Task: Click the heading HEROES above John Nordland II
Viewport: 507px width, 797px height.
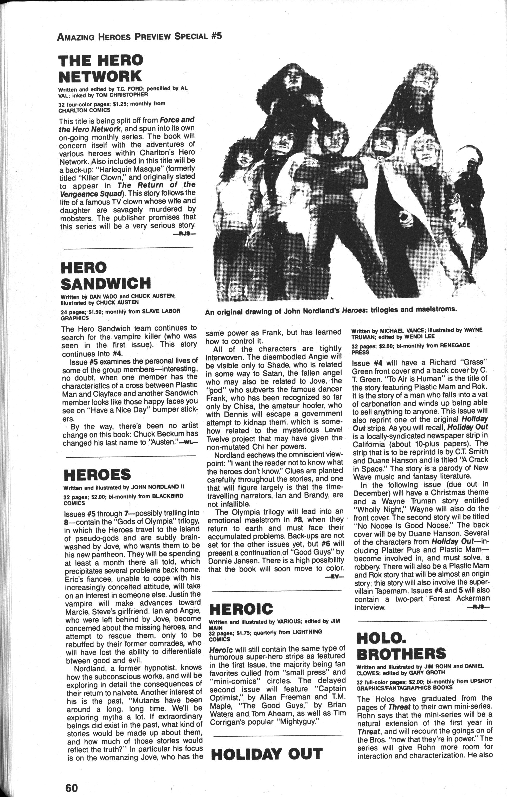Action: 97,475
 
